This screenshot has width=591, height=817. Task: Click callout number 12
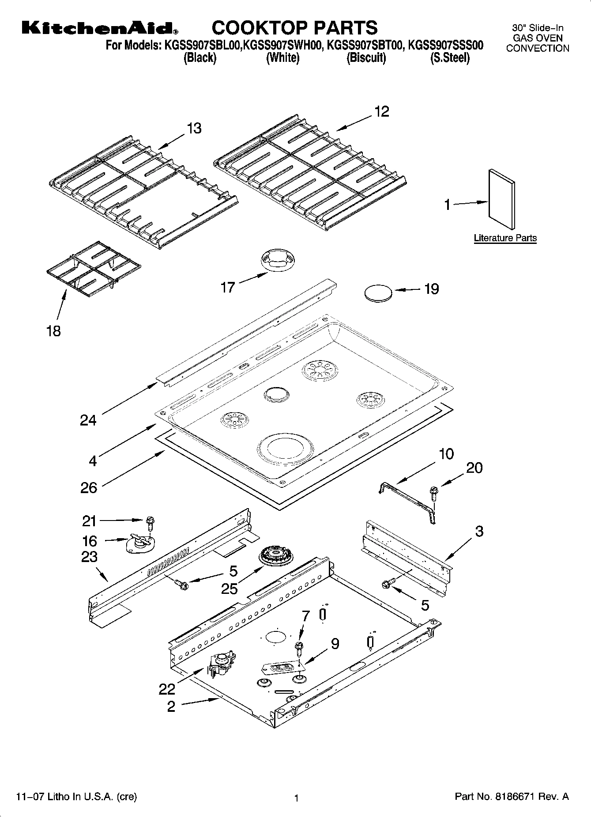point(382,111)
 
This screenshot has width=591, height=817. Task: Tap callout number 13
point(194,128)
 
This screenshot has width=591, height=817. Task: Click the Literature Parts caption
point(505,238)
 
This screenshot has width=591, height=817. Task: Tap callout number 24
point(88,420)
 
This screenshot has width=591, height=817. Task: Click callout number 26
point(88,487)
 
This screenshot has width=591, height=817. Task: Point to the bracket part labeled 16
point(140,543)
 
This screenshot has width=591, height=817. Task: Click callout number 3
point(479,532)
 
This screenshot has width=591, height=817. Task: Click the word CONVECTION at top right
point(537,49)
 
